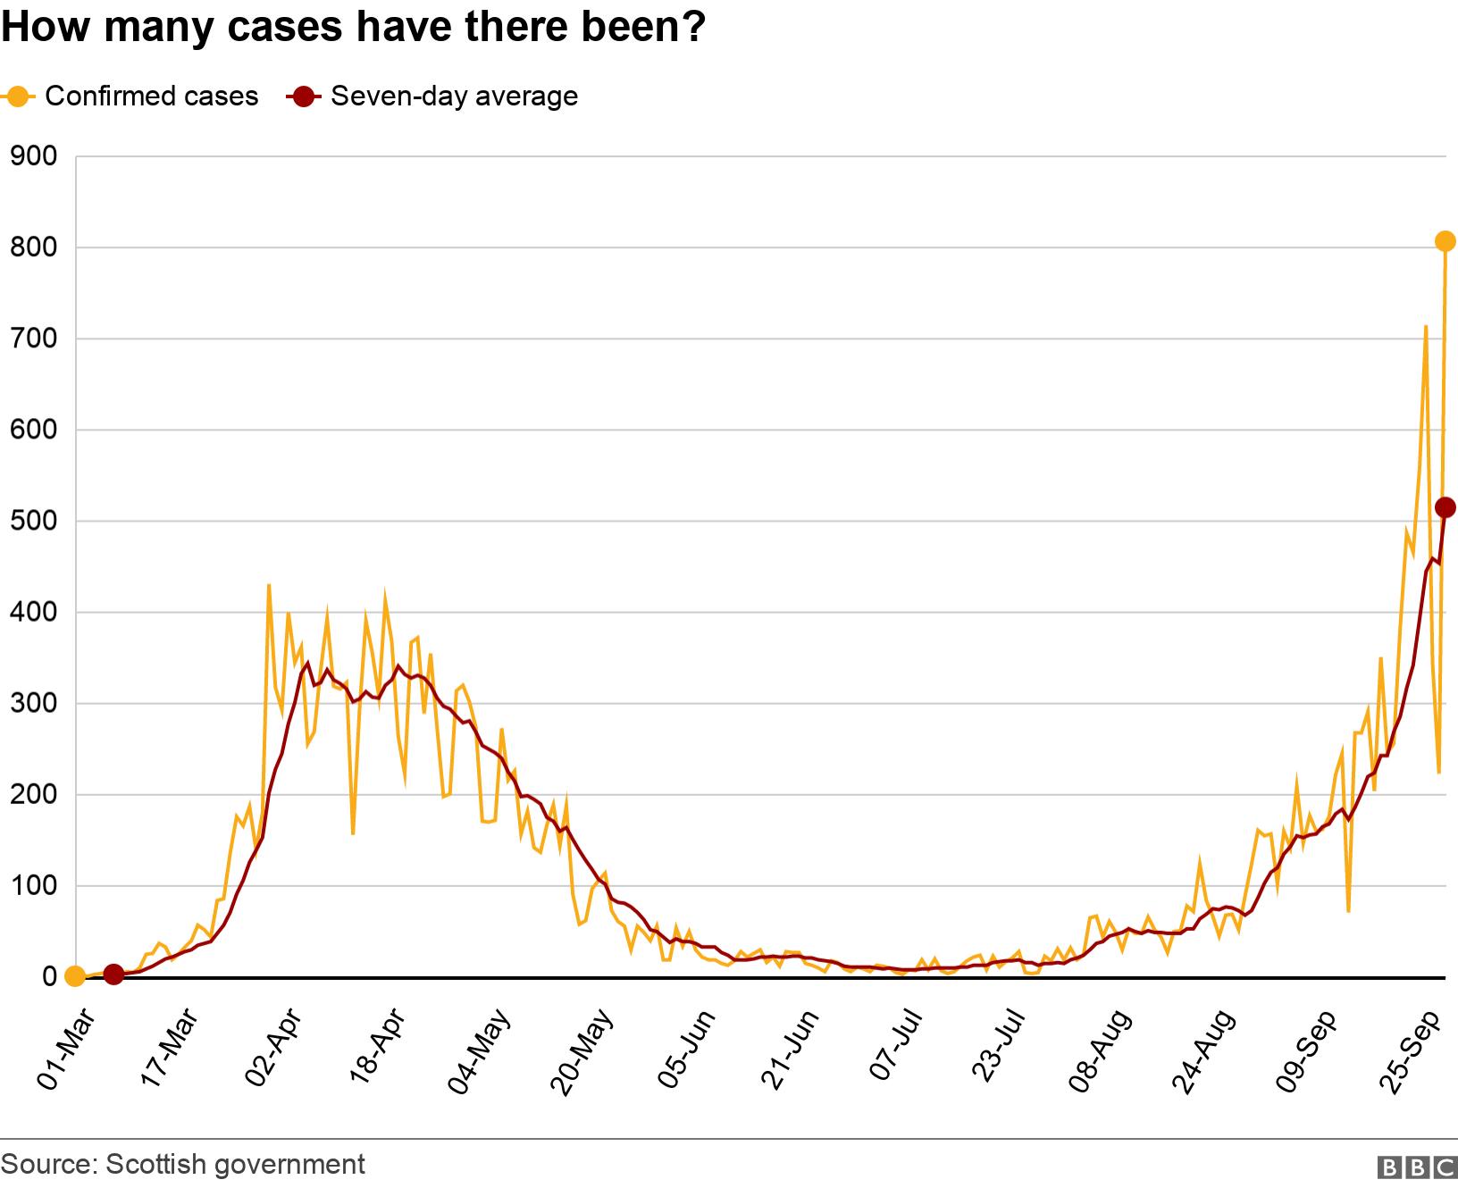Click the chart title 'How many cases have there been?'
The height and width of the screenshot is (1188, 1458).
point(354,28)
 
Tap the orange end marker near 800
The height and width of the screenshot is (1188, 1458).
point(1445,241)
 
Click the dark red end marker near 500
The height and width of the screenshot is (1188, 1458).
point(1445,507)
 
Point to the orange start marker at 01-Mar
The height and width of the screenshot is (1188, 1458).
point(75,976)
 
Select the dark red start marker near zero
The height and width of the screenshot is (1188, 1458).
point(113,975)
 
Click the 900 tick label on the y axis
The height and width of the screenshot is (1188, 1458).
point(33,156)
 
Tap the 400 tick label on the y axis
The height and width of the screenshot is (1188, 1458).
point(33,613)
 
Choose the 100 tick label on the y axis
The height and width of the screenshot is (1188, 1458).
point(33,886)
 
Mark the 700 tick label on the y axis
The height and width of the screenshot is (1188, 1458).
point(33,339)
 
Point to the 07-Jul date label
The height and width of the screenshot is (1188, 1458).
point(894,1049)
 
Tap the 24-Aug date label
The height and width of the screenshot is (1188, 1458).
point(1203,1049)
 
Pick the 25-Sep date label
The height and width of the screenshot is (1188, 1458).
point(1411,1049)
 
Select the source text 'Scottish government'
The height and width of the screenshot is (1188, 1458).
point(235,1165)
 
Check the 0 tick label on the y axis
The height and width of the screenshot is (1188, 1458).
point(49,977)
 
